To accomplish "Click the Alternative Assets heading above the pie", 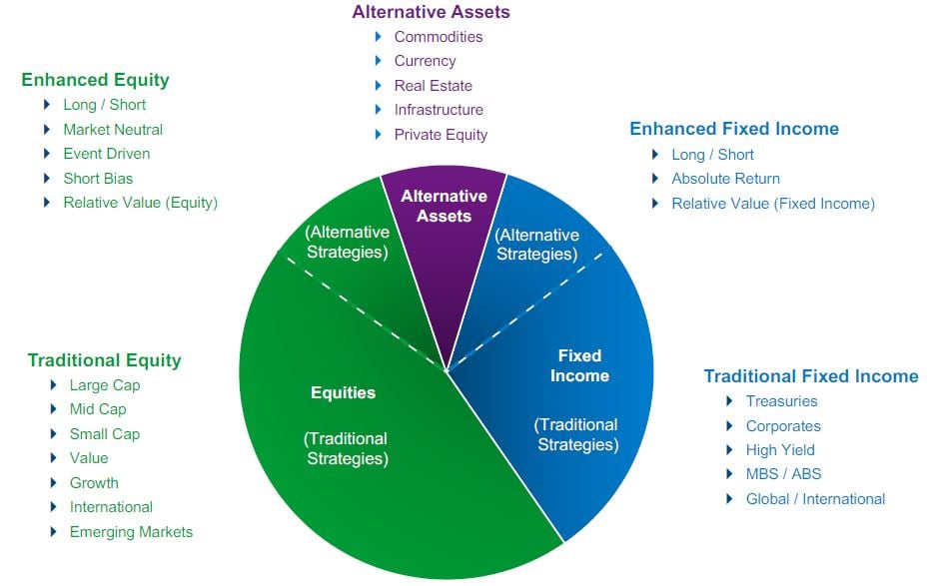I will point(431,12).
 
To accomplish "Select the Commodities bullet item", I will point(438,37).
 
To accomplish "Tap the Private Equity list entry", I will point(441,135).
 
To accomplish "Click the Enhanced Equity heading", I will point(95,80).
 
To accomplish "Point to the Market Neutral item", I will point(112,130).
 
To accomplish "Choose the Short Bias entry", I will point(98,179).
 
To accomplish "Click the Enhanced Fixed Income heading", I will point(733,129).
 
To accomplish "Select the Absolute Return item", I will point(725,179).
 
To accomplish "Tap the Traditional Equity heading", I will point(104,360).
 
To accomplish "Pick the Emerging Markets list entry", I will point(131,532).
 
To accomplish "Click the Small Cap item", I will point(104,434).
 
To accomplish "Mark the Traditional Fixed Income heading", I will point(810,376).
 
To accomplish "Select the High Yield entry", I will point(780,450).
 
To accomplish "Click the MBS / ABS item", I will point(783,474).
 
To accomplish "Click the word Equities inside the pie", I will point(343,392).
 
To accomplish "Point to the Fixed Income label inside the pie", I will point(579,365).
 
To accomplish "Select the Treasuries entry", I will point(781,401).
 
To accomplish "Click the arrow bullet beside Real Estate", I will point(379,86).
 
